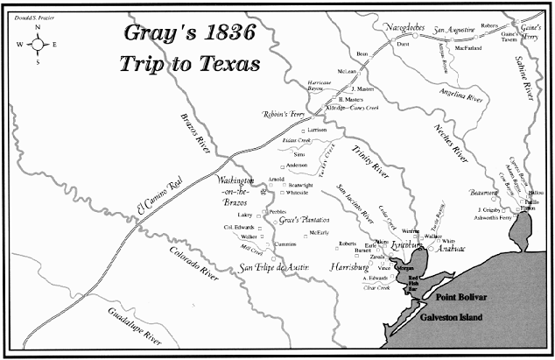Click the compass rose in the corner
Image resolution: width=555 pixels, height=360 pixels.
(x=38, y=43)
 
